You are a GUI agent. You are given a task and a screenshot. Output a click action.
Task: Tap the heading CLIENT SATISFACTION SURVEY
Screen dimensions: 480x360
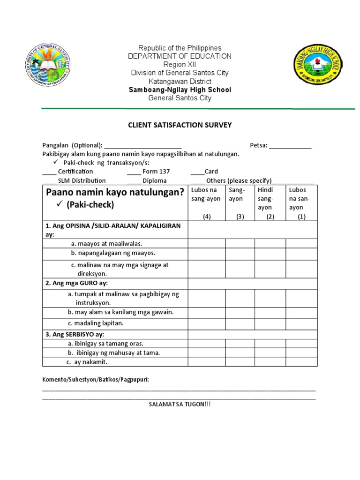click(x=180, y=125)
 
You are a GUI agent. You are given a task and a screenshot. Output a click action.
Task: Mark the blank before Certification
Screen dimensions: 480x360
click(x=49, y=172)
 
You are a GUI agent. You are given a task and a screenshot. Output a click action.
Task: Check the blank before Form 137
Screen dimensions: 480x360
click(x=134, y=172)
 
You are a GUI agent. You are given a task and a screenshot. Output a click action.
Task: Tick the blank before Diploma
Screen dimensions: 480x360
click(x=134, y=181)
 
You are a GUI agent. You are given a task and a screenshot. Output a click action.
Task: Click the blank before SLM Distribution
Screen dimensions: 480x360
click(x=49, y=181)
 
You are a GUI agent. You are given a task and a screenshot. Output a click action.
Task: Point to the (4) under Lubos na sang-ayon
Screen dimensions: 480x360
click(x=206, y=217)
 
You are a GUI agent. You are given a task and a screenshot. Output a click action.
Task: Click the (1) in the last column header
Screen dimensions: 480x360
click(x=301, y=217)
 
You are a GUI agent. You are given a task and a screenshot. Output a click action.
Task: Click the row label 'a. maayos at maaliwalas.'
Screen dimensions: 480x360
click(x=106, y=244)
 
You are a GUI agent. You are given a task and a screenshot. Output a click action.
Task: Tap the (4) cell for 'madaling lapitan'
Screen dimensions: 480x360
click(x=207, y=324)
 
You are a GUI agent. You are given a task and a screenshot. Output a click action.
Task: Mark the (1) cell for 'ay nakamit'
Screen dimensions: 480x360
click(x=301, y=362)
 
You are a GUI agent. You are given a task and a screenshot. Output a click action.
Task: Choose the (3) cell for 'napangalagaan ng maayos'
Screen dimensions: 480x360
click(x=240, y=254)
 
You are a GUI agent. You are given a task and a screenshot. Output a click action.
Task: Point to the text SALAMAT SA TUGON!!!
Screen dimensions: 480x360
click(x=180, y=404)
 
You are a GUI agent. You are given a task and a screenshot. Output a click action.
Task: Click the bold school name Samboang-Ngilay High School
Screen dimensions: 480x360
click(x=180, y=90)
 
